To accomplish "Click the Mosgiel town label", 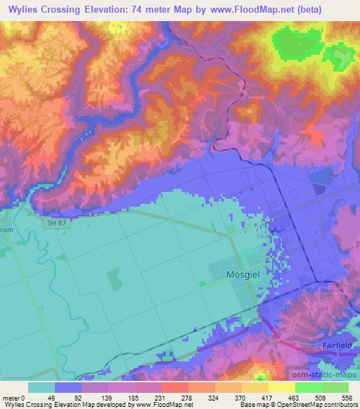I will point(244,275).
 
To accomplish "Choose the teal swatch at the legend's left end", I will point(41,387).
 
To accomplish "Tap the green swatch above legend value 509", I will point(309,387).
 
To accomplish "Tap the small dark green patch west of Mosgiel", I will point(113,280).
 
